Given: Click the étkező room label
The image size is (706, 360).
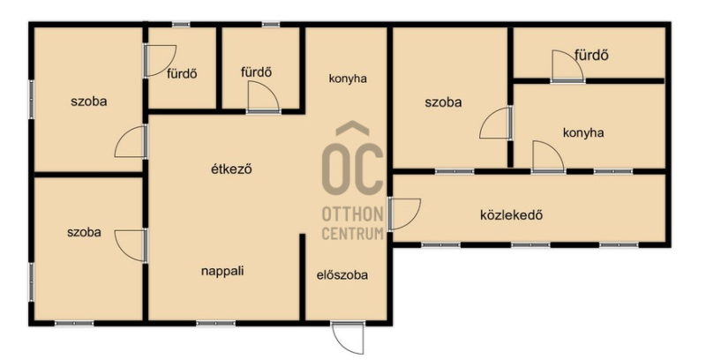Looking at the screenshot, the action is (x=231, y=169).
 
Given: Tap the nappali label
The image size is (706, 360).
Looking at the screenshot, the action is (x=222, y=271).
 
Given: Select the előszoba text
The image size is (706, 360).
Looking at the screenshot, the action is (x=342, y=274).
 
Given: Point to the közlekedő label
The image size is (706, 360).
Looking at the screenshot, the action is (x=512, y=214).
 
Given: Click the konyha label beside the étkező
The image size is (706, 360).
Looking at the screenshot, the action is (x=348, y=79).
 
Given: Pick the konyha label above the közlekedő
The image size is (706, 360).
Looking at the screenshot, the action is (x=583, y=132).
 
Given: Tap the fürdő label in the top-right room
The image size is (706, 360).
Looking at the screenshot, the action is (x=591, y=55).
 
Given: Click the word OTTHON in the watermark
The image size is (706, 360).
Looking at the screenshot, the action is (x=352, y=214).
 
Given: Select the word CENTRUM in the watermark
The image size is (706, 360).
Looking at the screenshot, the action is (x=352, y=234).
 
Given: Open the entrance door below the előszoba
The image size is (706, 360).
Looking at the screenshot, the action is (x=348, y=337).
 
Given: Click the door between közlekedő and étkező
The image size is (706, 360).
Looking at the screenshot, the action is (x=404, y=214).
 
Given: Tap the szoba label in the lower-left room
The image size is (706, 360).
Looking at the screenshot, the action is (x=84, y=232).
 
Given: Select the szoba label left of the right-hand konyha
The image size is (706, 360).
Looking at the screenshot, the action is (x=443, y=102).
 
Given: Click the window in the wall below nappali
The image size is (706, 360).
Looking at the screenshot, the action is (x=215, y=323).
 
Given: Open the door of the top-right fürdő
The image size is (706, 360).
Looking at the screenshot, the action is (x=567, y=66).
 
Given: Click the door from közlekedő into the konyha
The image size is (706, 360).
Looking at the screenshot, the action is (x=548, y=156).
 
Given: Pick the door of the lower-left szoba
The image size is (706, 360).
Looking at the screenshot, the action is (x=131, y=245).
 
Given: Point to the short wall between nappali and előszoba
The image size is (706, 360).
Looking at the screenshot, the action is (x=303, y=277).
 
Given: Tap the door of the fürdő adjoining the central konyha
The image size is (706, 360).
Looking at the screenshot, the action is (x=263, y=97).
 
